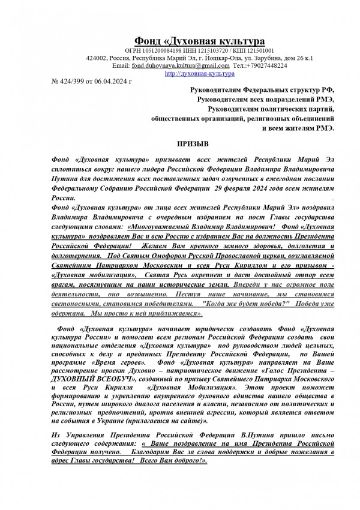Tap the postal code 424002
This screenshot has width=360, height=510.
pyautogui.click(x=97, y=58)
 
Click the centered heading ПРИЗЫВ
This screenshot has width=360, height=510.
pyautogui.click(x=193, y=145)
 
